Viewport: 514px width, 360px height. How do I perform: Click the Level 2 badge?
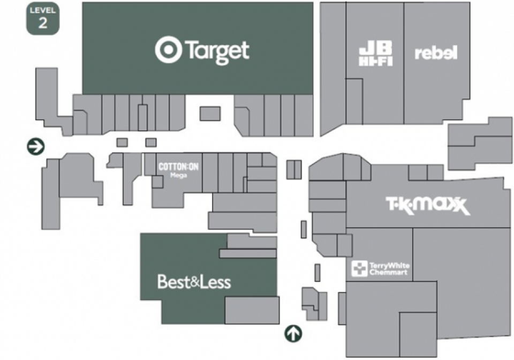[x=43, y=18]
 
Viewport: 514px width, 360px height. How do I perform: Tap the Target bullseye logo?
[x=168, y=50]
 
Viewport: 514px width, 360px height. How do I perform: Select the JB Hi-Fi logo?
[x=376, y=54]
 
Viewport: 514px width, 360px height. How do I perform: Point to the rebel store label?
[x=436, y=53]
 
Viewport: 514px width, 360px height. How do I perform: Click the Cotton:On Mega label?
[x=178, y=169]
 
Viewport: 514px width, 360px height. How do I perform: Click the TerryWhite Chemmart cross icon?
[x=359, y=268]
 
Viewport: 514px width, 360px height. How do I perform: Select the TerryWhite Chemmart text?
[x=389, y=268]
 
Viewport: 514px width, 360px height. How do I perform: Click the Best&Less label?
[x=194, y=282]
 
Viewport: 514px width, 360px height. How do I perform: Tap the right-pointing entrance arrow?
[x=36, y=146]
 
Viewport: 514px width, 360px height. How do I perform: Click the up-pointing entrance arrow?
[x=293, y=333]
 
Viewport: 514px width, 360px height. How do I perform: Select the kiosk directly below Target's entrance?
[x=210, y=114]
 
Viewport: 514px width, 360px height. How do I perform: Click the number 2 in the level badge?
[x=43, y=23]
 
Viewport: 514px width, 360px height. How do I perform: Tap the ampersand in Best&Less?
[x=195, y=282]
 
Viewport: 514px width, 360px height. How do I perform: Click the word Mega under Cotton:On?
[x=179, y=175]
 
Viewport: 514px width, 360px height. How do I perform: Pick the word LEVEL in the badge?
[x=43, y=10]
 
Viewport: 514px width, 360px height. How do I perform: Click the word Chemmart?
[x=388, y=273]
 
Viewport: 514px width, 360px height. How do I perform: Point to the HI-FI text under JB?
[x=376, y=61]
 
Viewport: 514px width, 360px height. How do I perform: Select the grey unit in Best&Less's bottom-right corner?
[x=252, y=310]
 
